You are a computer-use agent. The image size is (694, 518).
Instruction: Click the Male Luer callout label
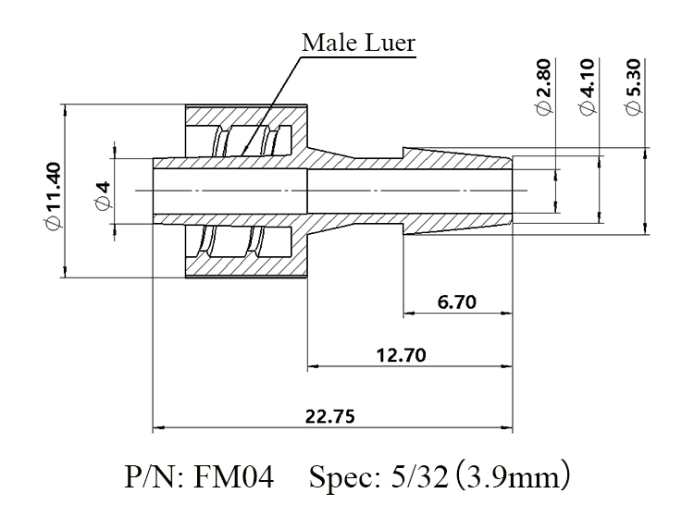click(359, 43)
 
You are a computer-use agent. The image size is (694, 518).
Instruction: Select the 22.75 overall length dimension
click(330, 416)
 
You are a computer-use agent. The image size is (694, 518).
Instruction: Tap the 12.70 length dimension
click(402, 355)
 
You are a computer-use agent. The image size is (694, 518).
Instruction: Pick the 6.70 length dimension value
click(457, 302)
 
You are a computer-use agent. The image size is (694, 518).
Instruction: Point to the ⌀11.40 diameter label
click(53, 196)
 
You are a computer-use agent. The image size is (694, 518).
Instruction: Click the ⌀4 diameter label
click(103, 195)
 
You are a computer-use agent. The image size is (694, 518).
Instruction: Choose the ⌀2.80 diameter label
click(543, 87)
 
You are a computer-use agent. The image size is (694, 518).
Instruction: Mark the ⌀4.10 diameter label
click(588, 87)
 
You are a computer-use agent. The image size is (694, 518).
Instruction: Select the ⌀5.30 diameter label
click(632, 87)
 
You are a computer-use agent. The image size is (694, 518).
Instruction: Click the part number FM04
click(234, 477)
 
